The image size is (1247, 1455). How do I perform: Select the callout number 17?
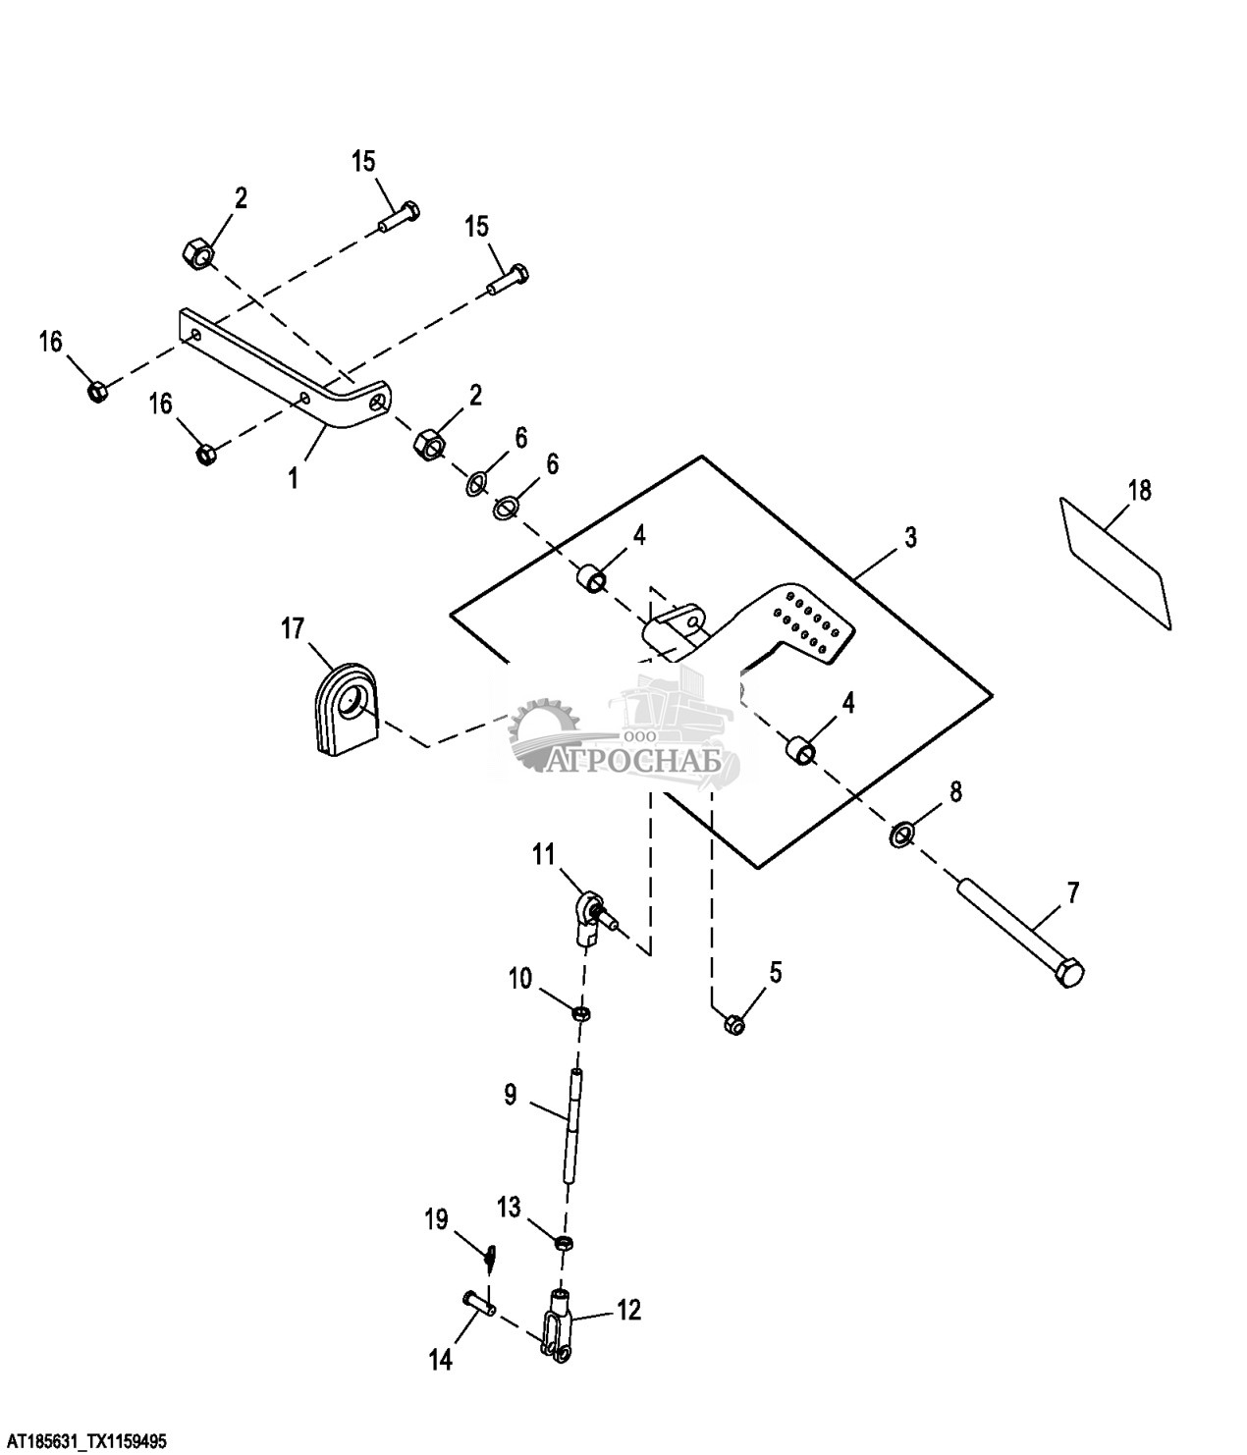point(294,628)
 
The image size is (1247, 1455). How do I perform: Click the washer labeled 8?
point(901,835)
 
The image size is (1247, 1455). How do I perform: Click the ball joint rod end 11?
point(592,913)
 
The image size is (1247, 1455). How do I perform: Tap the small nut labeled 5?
point(733,1024)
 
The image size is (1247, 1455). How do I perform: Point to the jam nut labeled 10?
point(581,1013)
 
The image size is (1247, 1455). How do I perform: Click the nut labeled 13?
point(565,1244)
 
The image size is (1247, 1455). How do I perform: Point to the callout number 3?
point(910,537)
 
